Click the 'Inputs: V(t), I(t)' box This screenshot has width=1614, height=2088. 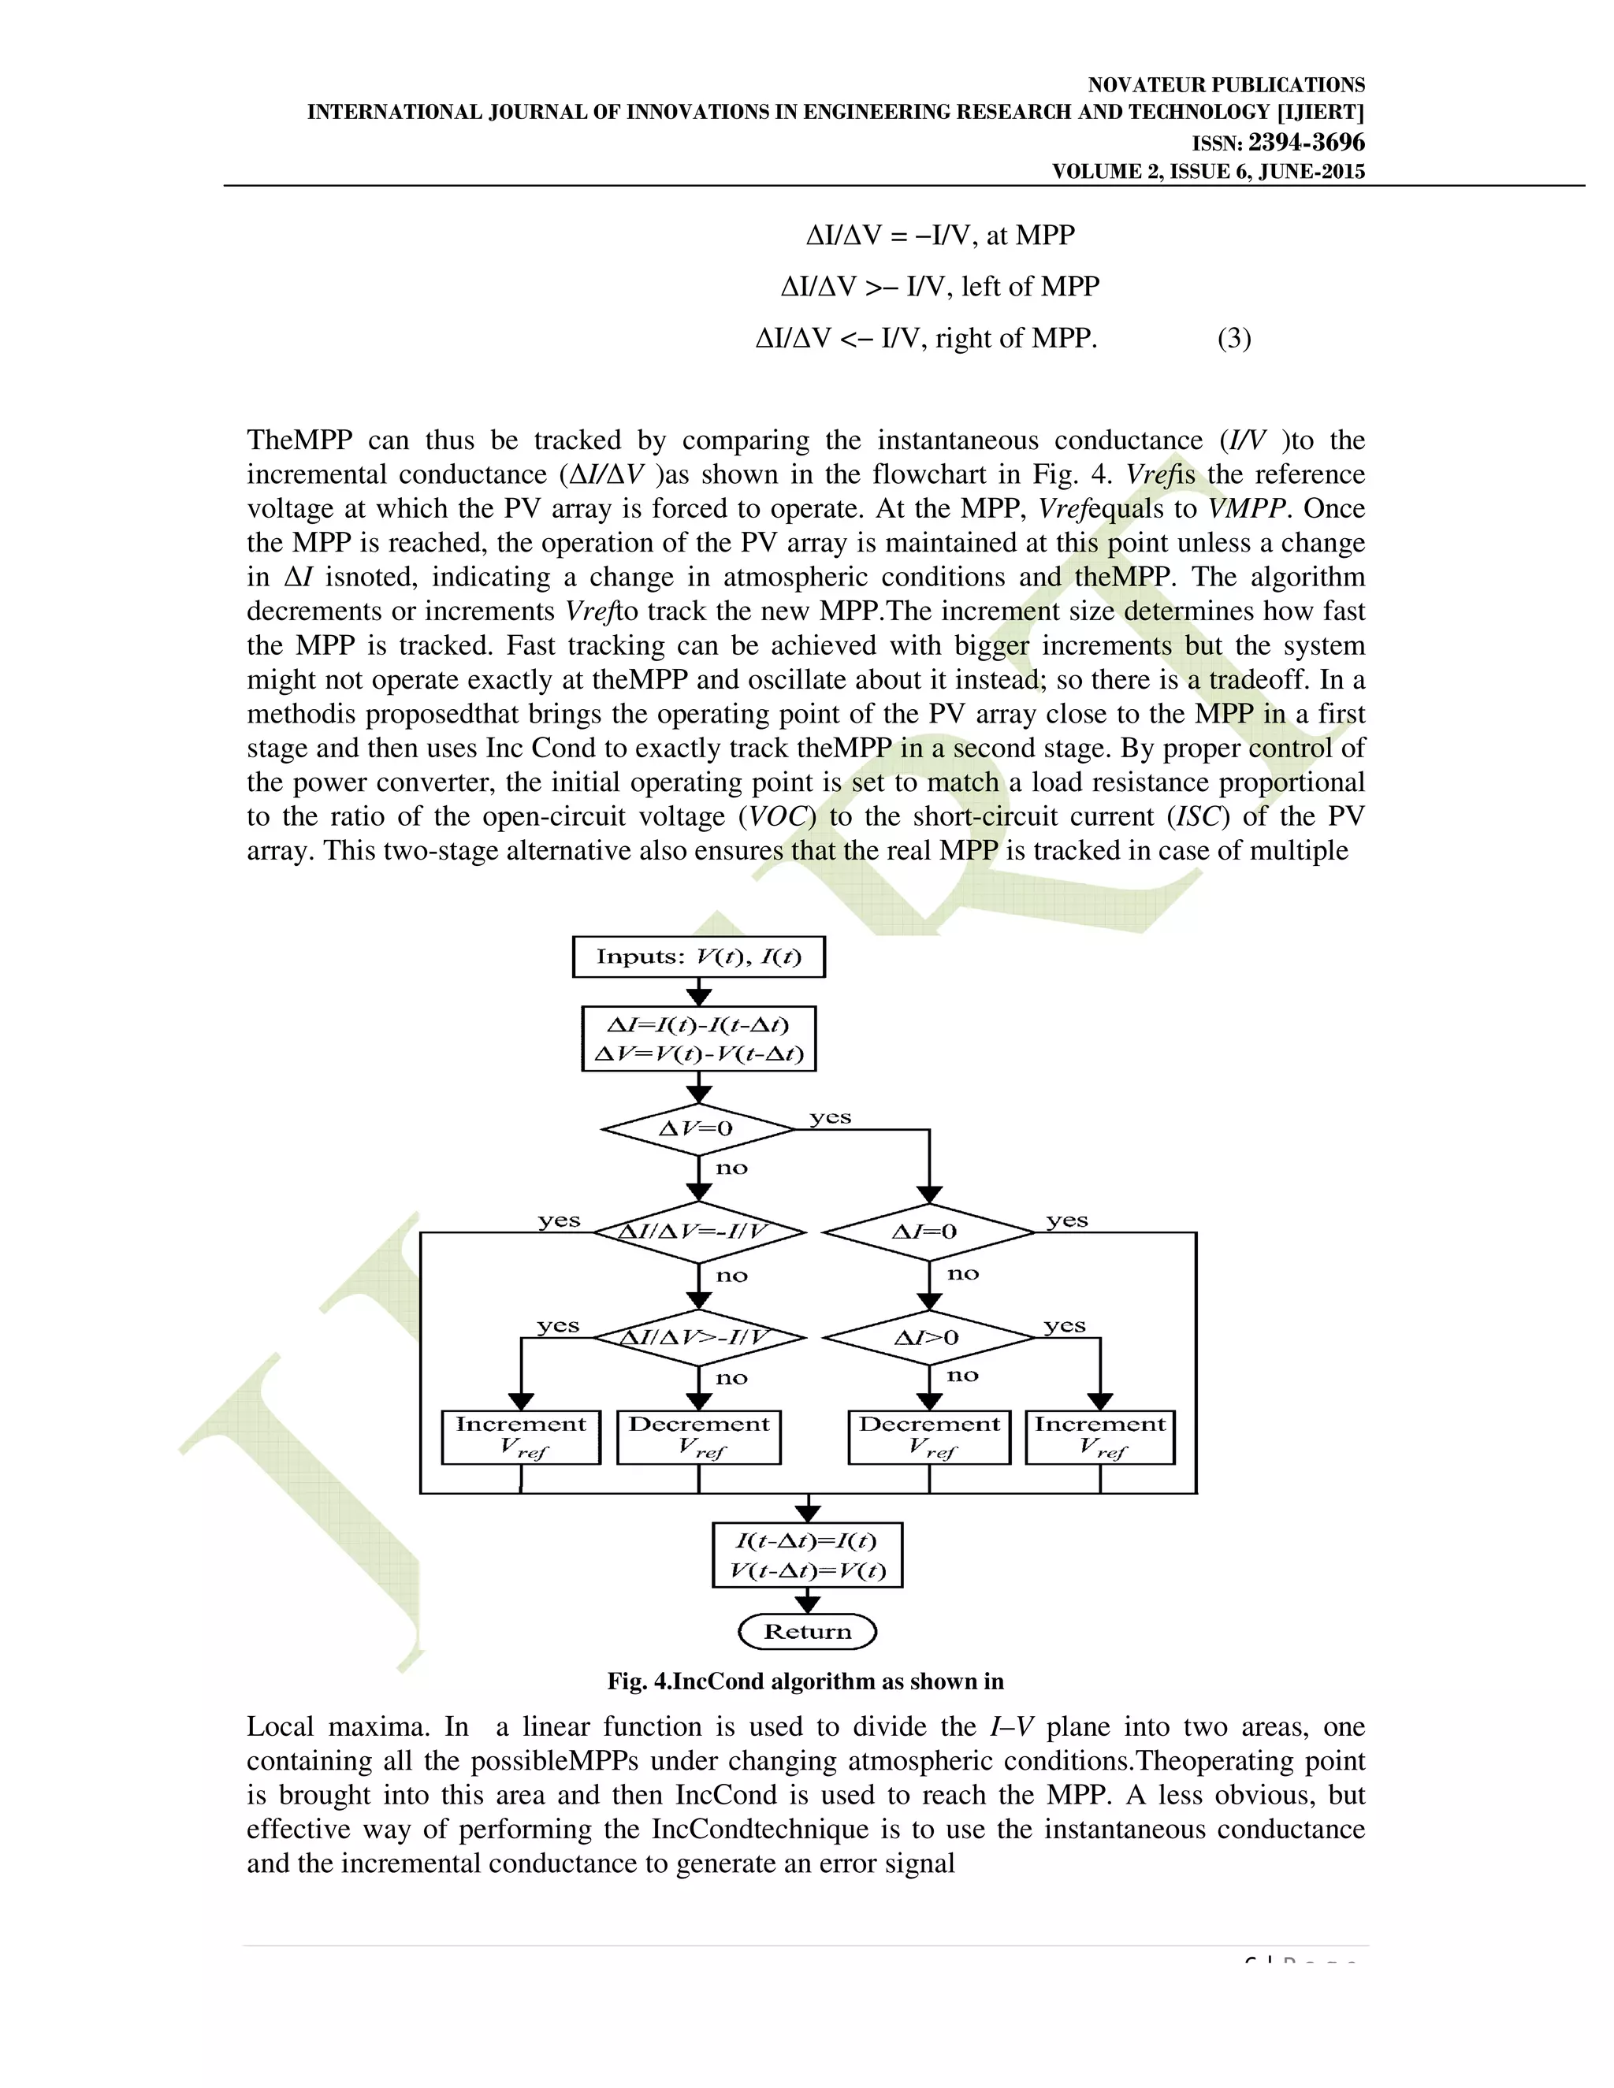tap(698, 957)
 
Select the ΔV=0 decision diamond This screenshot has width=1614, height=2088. tap(698, 1129)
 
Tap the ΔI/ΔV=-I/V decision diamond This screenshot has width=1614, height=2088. tap(698, 1232)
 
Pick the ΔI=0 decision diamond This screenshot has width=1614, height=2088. tap(928, 1232)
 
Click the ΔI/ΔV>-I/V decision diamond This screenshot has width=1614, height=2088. tap(698, 1338)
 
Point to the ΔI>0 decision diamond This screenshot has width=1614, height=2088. tap(928, 1338)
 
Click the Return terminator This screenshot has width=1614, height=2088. tap(808, 1631)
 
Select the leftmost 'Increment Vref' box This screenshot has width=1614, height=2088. tap(521, 1437)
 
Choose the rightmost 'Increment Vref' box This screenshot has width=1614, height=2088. tap(1099, 1437)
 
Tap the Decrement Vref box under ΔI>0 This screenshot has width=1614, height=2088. tap(928, 1437)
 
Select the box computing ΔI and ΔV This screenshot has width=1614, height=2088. tap(698, 1039)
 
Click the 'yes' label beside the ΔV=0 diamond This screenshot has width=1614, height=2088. tap(830, 1116)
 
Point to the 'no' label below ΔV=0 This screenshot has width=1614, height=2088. tap(731, 1168)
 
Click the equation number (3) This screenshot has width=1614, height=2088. tap(1233, 339)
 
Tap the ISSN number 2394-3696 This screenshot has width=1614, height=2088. tap(1306, 143)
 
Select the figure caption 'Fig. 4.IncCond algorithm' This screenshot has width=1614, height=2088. tap(805, 1681)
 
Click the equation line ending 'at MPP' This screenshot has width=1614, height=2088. tap(941, 235)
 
